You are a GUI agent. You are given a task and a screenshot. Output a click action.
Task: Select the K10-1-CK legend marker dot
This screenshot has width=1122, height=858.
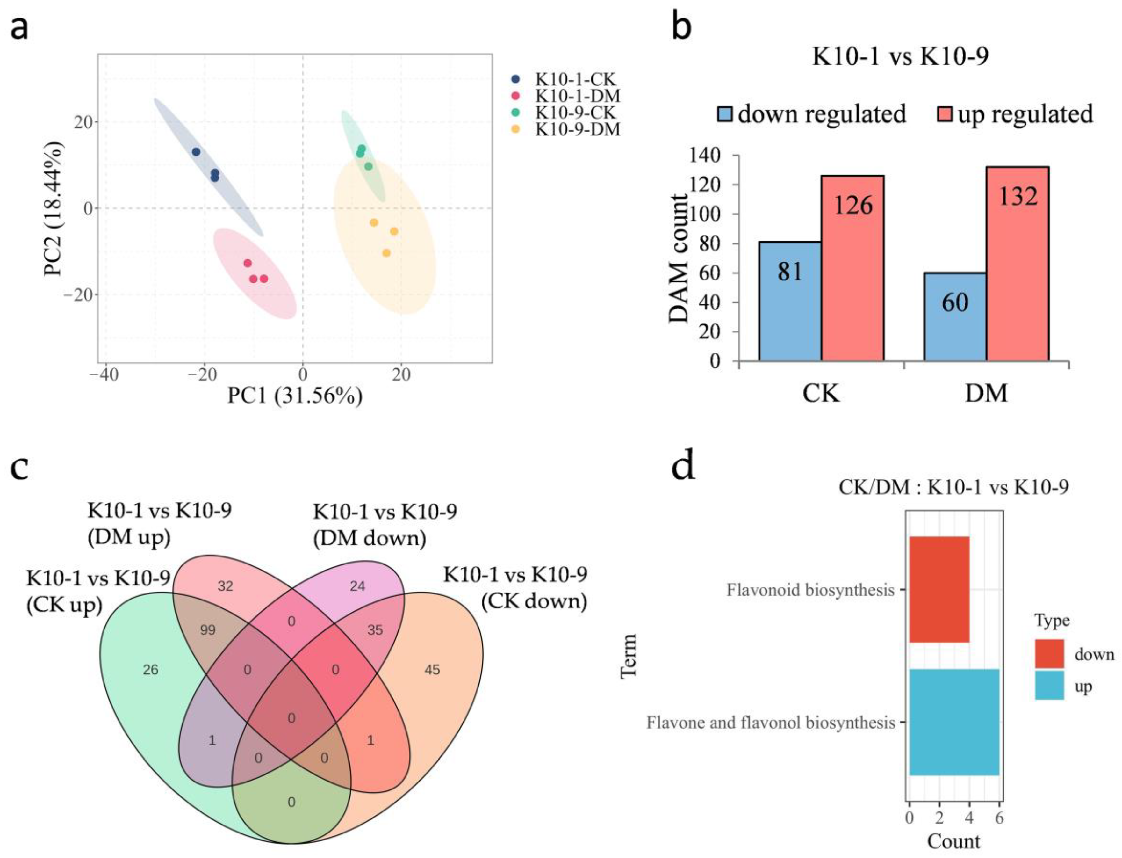(515, 80)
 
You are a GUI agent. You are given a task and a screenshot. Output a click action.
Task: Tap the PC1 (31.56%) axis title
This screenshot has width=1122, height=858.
(295, 396)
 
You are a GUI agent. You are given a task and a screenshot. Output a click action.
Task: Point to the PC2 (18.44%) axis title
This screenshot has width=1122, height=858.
(54, 208)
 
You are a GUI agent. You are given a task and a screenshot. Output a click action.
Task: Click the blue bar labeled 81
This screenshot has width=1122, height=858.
(790, 301)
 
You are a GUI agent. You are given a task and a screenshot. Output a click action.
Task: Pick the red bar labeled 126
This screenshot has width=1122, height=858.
(852, 268)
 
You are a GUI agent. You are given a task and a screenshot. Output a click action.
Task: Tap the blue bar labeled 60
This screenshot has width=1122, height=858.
(954, 316)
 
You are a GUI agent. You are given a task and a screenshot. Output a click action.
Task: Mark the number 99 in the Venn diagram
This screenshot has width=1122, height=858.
(208, 630)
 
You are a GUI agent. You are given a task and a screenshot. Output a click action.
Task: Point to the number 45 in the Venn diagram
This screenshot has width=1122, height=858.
(432, 670)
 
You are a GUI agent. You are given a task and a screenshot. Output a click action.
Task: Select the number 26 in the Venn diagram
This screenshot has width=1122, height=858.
(151, 670)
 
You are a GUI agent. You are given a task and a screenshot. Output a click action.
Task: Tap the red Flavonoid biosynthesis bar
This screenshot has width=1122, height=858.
(939, 589)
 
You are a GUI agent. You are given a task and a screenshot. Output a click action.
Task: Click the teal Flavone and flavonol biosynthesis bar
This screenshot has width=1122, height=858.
(953, 722)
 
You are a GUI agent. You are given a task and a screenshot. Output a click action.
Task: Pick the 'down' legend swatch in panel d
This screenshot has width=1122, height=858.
(1049, 654)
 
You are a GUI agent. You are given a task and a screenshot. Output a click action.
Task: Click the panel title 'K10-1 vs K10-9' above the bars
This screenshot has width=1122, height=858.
(900, 56)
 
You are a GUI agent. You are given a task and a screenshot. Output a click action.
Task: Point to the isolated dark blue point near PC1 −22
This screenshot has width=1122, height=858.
(196, 152)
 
